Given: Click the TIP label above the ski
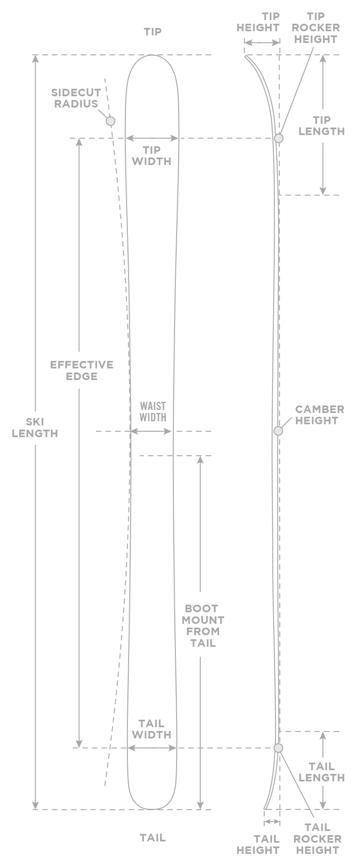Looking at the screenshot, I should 152,32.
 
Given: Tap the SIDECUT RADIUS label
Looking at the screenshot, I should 76,98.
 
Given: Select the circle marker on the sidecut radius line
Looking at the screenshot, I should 110,121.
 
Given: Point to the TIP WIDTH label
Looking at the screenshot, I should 152,156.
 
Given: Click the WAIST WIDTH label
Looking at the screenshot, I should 152,412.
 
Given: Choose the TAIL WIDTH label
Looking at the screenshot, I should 152,729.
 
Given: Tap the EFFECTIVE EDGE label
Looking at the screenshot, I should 82,370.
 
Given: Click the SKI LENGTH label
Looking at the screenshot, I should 35,428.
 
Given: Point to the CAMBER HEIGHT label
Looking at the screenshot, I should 319,415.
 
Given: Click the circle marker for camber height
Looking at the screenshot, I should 278,431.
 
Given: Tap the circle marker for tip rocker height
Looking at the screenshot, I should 278,138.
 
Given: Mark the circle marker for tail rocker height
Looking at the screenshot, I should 278,748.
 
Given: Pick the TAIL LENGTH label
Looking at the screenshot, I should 322,772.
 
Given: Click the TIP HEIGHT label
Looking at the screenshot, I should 258,23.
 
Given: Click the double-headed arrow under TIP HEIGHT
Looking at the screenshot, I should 262,43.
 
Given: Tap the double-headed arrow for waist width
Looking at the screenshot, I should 151,431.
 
